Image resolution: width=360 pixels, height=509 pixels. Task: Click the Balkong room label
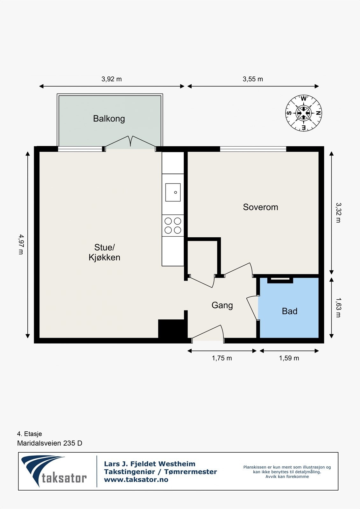109,119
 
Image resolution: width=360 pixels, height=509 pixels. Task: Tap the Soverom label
260,207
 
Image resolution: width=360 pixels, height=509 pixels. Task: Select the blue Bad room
289,308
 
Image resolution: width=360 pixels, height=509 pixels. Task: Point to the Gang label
222,305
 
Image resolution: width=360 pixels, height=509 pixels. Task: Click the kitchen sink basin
173,192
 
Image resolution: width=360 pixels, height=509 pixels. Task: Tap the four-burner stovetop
173,226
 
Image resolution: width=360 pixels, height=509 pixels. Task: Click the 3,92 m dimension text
111,79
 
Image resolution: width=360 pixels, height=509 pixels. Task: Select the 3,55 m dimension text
253,79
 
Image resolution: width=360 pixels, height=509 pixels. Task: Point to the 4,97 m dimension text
21,244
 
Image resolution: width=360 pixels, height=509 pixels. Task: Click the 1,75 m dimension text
222,358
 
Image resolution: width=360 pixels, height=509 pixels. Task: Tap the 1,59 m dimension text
289,358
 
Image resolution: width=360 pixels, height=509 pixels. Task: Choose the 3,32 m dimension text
338,213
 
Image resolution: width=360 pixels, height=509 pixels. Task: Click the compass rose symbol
304,113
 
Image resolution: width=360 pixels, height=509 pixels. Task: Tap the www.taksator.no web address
136,480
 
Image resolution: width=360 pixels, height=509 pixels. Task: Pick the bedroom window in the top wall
253,149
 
